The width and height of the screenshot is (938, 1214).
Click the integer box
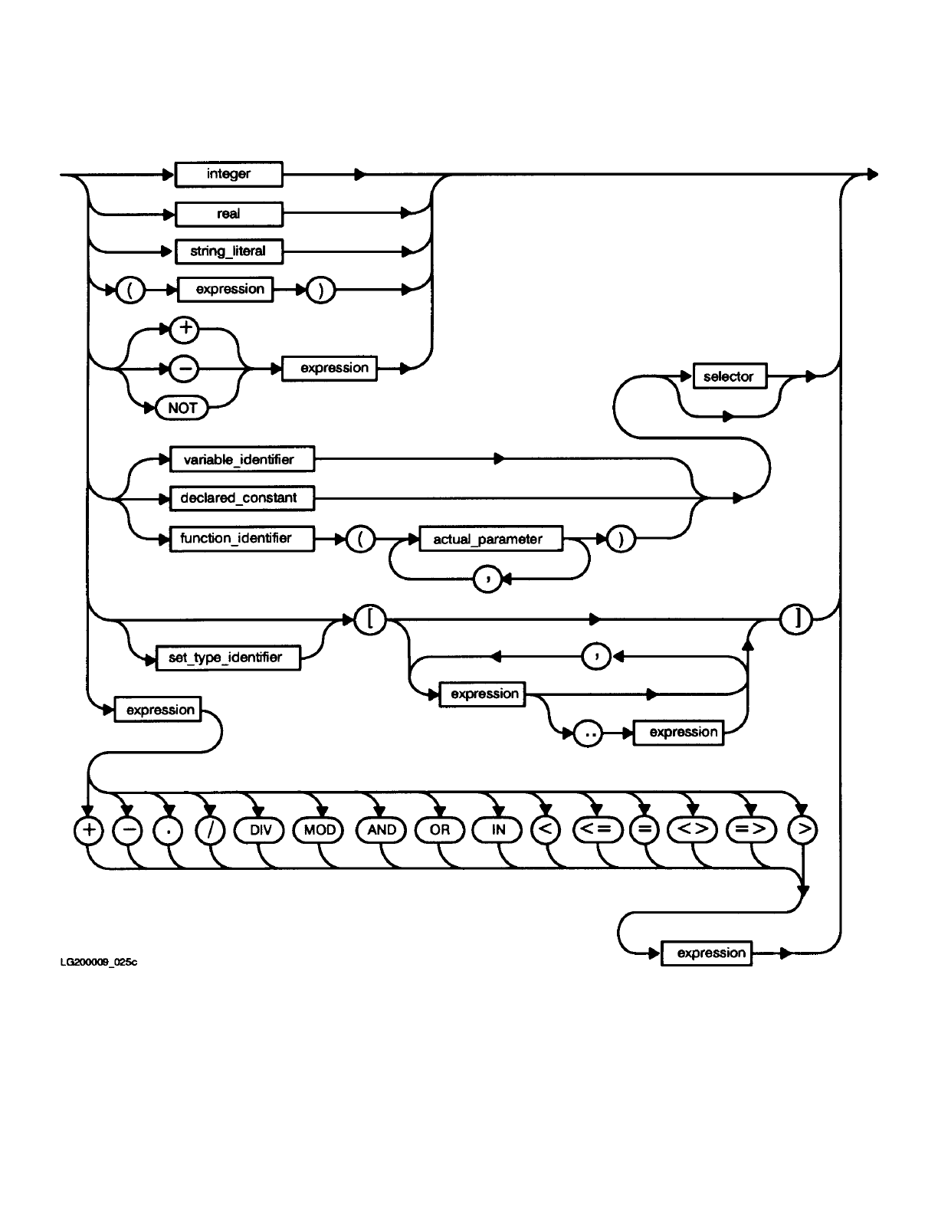click(x=228, y=174)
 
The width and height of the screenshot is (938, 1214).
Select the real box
click(x=228, y=214)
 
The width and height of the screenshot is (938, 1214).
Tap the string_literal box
click(x=228, y=251)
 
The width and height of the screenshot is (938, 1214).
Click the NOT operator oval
click(x=182, y=408)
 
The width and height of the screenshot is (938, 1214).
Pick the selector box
click(x=729, y=376)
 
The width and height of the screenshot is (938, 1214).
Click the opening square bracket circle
click(x=371, y=619)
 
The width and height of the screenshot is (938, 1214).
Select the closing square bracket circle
click(x=796, y=619)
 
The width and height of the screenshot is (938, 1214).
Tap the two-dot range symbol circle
click(x=589, y=733)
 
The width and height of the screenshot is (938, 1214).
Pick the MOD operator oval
click(x=320, y=830)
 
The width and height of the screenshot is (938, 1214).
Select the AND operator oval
click(x=382, y=830)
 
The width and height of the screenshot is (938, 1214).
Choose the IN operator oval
click(x=498, y=830)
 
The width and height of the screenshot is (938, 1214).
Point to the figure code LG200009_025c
click(x=99, y=963)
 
